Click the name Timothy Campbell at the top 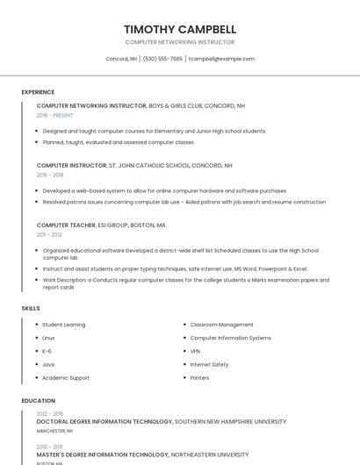(x=180, y=28)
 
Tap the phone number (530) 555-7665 (x=162, y=59)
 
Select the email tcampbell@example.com (x=221, y=59)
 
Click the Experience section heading (x=38, y=92)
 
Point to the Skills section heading (x=31, y=309)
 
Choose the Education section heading (x=38, y=401)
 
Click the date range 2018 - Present (x=54, y=115)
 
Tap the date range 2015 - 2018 (x=50, y=175)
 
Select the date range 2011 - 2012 (x=49, y=234)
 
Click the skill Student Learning (x=64, y=325)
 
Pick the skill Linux (x=48, y=338)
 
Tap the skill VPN (x=195, y=351)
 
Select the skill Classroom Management (x=221, y=325)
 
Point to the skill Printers (x=199, y=378)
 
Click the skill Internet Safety (x=209, y=364)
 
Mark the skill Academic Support (x=66, y=378)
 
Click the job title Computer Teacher (x=66, y=225)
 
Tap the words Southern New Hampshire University (x=230, y=422)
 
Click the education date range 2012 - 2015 (x=50, y=413)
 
